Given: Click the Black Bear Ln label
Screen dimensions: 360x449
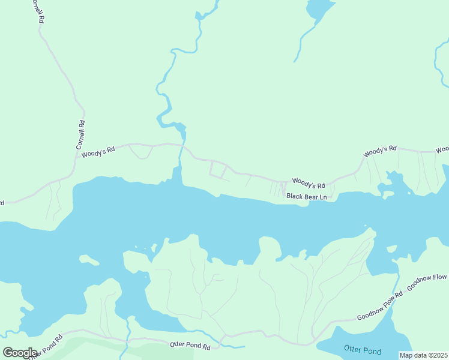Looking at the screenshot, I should click(x=307, y=196).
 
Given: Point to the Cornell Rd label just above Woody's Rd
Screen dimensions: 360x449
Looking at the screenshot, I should click(x=81, y=135).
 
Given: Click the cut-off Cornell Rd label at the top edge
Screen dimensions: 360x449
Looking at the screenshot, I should click(x=37, y=10).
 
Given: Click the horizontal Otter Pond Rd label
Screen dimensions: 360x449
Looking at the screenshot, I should click(x=190, y=346).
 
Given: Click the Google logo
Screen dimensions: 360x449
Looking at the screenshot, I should click(x=20, y=352).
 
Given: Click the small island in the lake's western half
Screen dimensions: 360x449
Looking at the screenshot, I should click(x=89, y=260).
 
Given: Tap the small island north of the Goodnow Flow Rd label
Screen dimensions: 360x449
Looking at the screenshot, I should click(x=393, y=248).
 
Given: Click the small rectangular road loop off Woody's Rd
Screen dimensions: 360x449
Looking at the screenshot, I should click(x=218, y=170).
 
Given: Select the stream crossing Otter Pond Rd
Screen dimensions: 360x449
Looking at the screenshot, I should click(x=128, y=340).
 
